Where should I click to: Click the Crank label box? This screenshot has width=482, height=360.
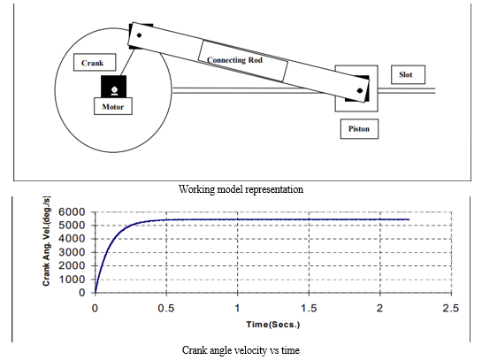(x=95, y=63)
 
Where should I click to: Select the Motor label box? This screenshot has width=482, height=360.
(x=113, y=106)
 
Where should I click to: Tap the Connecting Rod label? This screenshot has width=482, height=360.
(x=234, y=60)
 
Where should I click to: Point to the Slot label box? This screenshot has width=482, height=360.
(x=408, y=74)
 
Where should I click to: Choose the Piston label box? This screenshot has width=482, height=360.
(x=359, y=129)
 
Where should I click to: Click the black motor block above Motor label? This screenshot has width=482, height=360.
(x=114, y=87)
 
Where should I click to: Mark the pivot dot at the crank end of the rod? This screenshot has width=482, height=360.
(x=139, y=35)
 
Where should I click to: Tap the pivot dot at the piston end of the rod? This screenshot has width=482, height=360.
(x=360, y=91)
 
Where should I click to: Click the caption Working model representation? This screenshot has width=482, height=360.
(x=241, y=188)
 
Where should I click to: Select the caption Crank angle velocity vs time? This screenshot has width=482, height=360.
(x=241, y=350)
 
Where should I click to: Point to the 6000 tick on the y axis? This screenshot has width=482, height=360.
(x=72, y=211)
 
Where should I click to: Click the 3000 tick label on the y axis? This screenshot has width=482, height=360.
(x=72, y=252)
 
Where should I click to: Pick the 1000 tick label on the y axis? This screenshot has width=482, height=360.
(x=72, y=280)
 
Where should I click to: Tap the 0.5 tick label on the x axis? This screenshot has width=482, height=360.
(x=166, y=308)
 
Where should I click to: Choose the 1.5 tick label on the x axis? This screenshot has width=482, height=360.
(x=309, y=308)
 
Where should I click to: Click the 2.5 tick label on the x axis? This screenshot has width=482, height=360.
(x=451, y=308)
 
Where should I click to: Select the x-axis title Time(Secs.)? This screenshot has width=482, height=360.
(x=273, y=325)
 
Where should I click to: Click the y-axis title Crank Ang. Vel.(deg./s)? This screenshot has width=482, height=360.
(x=46, y=241)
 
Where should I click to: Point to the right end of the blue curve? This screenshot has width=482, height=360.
(x=409, y=219)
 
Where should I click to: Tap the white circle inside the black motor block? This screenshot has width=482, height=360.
(x=114, y=89)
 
